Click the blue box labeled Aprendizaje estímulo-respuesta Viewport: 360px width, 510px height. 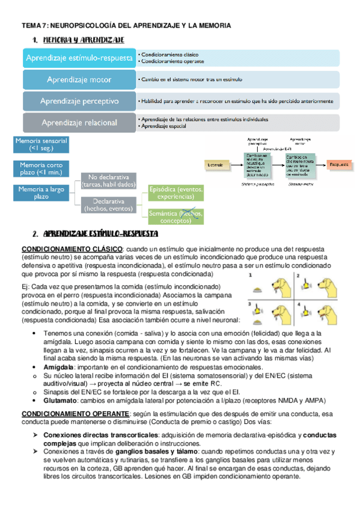point(79,58)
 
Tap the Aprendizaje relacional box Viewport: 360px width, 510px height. point(79,123)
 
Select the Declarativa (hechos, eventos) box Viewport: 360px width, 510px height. point(108,204)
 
